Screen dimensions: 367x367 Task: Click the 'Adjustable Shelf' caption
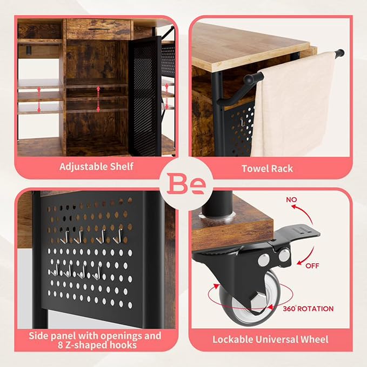(x=96, y=166)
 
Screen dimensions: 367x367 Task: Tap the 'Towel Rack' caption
(x=268, y=169)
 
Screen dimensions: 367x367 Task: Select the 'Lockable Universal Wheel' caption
(x=270, y=339)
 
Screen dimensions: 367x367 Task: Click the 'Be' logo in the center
(x=186, y=184)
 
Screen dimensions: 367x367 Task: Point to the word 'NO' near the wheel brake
(x=291, y=199)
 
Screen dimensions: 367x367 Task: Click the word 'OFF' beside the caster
(x=312, y=266)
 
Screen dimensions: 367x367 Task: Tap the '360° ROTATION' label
(x=308, y=309)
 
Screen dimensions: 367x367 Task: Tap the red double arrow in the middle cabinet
(x=98, y=99)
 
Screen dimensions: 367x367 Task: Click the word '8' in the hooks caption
(x=61, y=345)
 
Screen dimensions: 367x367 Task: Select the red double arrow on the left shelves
(x=39, y=99)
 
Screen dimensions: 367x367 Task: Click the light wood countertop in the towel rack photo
(x=248, y=47)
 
